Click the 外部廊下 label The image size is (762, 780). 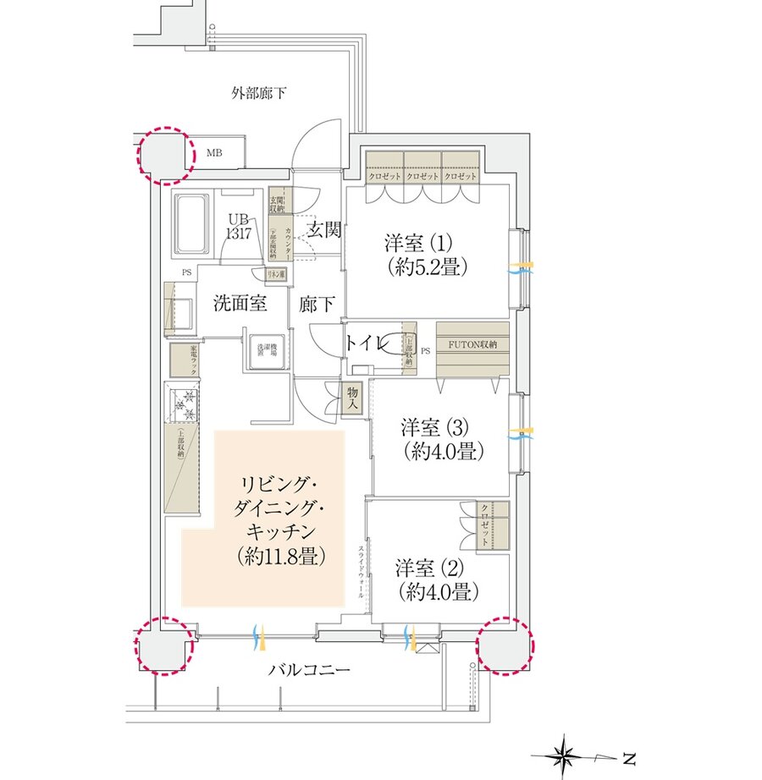[x=258, y=92]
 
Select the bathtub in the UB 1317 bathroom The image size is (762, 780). [x=190, y=223]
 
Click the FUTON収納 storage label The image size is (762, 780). [x=472, y=344]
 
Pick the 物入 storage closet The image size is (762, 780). [x=353, y=398]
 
